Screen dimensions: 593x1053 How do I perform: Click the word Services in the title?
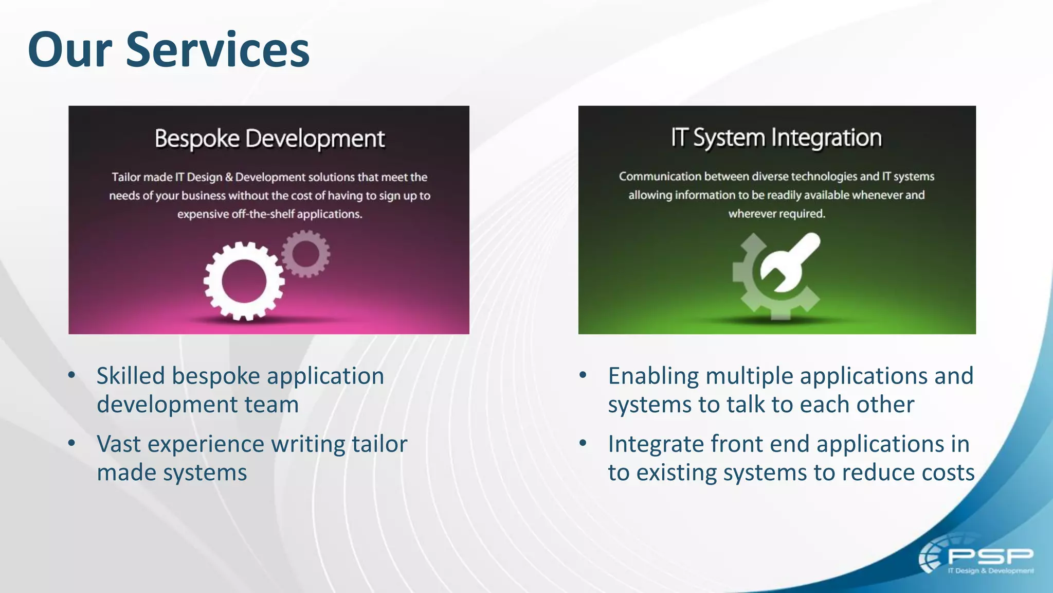[217, 50]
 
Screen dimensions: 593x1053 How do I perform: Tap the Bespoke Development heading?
[269, 139]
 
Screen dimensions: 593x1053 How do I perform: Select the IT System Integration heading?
[776, 138]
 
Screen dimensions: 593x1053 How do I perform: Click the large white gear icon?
[244, 282]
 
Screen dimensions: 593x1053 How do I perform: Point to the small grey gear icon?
[306, 254]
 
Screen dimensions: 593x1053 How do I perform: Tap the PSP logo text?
[990, 556]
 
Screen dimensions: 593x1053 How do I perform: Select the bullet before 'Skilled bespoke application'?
[72, 375]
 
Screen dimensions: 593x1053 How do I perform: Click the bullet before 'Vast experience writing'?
[72, 443]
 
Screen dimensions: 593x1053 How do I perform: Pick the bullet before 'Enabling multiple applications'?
[583, 375]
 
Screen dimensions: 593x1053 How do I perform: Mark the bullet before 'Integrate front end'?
[583, 443]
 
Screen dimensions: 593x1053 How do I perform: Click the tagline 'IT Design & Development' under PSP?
[990, 571]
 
